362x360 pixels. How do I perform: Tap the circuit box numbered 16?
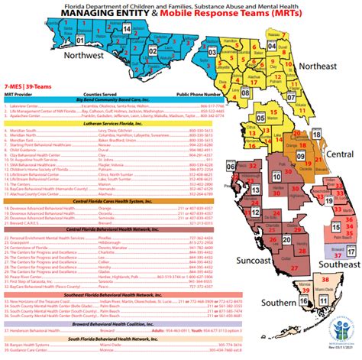tap(303, 302)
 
